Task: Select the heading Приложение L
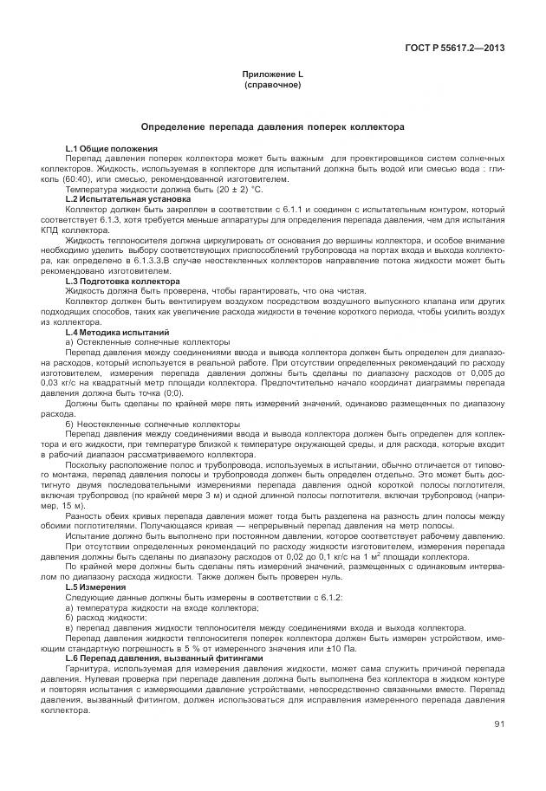point(272,76)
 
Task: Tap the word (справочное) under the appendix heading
point(272,87)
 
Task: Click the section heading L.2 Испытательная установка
point(121,198)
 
